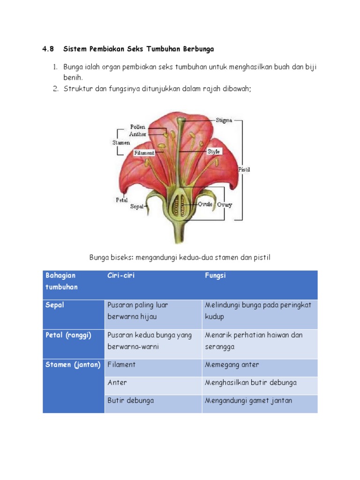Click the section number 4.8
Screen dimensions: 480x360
pyautogui.click(x=48, y=49)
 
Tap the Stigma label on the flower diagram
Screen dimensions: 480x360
pyautogui.click(x=224, y=120)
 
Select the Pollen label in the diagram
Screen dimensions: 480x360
pyautogui.click(x=138, y=127)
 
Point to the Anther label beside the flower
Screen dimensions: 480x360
pyautogui.click(x=138, y=135)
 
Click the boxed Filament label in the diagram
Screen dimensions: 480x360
pyautogui.click(x=144, y=153)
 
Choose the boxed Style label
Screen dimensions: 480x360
pyautogui.click(x=214, y=152)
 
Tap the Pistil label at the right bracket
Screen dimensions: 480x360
pyautogui.click(x=244, y=170)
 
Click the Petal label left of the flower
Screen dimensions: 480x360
pyautogui.click(x=121, y=200)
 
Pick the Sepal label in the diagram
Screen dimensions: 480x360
pyautogui.click(x=136, y=206)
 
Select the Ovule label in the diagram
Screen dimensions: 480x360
pyautogui.click(x=205, y=204)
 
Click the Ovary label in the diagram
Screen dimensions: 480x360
pyautogui.click(x=224, y=205)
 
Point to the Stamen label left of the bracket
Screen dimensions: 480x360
pyautogui.click(x=120, y=142)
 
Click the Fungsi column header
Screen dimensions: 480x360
pyautogui.click(x=215, y=276)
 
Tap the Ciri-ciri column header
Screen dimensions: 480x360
pyautogui.click(x=121, y=276)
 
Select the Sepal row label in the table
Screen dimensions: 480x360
pyautogui.click(x=55, y=305)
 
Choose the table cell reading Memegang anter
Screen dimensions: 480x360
pyautogui.click(x=232, y=365)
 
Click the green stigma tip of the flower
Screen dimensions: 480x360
pyautogui.click(x=181, y=120)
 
